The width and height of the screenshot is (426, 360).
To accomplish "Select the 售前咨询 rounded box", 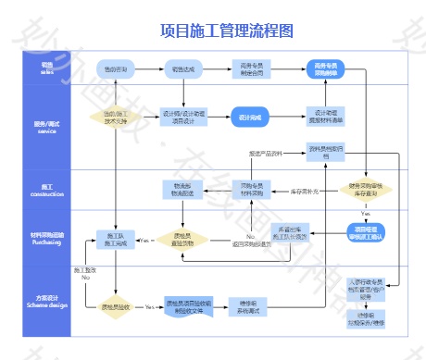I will tap(116, 68).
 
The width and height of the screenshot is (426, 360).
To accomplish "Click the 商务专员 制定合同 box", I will tap(250, 68).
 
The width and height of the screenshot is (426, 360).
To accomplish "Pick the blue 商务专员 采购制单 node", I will tap(324, 68).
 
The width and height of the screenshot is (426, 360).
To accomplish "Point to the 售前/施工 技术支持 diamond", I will tap(116, 118).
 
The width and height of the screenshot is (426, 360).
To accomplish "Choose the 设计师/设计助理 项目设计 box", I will tap(183, 118).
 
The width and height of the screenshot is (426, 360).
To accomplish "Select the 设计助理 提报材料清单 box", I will tap(324, 118).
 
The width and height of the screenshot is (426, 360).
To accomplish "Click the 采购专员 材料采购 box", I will tap(251, 190).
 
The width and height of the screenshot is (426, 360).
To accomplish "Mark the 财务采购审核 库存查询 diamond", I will tap(365, 190).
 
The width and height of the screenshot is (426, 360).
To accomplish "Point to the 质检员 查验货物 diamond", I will tap(182, 240).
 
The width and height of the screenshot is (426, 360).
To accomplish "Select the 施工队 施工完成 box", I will tap(116, 240).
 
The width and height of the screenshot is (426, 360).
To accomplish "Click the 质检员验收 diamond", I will tap(116, 306).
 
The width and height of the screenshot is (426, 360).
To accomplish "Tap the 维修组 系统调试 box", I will tap(247, 306).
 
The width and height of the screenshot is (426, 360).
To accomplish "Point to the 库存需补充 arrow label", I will tap(306, 191).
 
